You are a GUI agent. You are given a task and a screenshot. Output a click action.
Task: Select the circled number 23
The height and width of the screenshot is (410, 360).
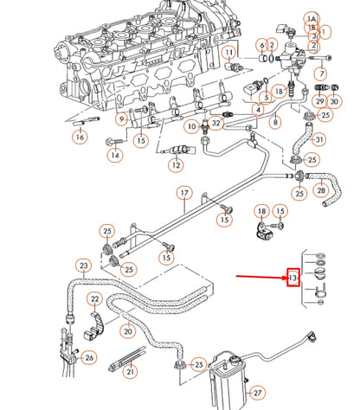[x=83, y=266]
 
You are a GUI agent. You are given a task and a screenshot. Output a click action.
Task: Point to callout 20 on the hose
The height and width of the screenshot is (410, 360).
[x=128, y=330]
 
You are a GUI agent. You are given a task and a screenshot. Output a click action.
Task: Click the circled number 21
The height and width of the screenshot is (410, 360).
[x=130, y=372]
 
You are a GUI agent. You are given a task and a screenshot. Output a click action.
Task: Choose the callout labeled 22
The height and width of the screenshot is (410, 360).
[x=95, y=299]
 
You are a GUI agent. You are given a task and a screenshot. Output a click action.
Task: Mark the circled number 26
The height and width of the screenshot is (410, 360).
[x=89, y=356]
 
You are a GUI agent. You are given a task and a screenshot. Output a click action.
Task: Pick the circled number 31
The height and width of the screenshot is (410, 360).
[x=319, y=140]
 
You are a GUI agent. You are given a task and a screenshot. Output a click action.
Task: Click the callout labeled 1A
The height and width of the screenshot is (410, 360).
[x=312, y=18]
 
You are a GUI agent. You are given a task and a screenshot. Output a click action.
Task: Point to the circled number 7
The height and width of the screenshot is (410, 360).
[x=320, y=74]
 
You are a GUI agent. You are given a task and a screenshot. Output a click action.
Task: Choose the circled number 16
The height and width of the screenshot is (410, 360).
[x=80, y=136]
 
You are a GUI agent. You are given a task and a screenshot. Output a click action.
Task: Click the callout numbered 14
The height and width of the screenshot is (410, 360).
[x=115, y=156]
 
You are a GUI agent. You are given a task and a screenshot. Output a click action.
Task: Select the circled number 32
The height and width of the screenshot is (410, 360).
[x=216, y=125]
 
